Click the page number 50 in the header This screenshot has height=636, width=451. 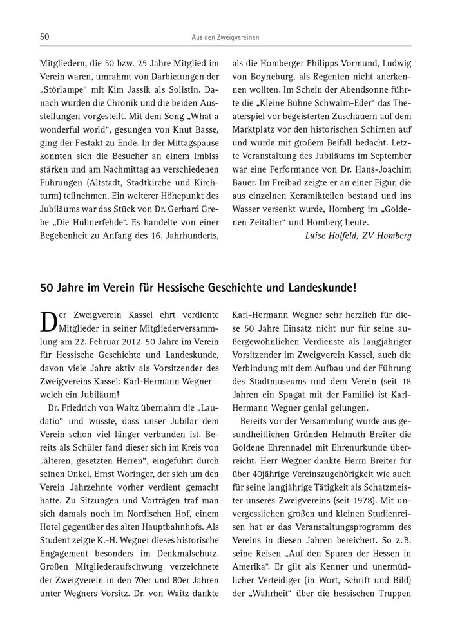tap(46, 37)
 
